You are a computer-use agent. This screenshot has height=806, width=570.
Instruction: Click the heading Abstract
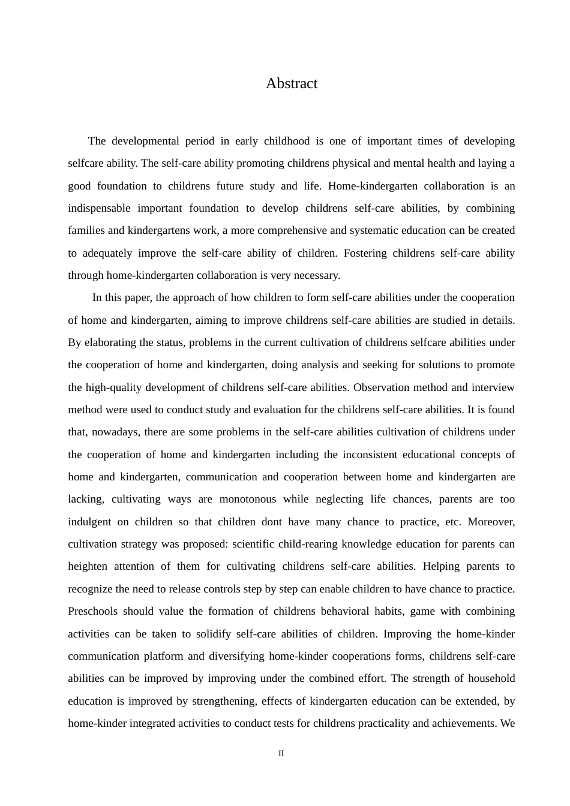[292, 83]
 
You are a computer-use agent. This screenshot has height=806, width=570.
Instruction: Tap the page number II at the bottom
[281, 754]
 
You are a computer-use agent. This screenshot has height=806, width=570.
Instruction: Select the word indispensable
[99, 208]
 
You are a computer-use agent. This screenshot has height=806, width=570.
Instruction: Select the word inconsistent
[369, 455]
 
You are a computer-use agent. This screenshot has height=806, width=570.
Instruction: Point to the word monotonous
[248, 499]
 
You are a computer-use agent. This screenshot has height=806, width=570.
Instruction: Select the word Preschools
[92, 611]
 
